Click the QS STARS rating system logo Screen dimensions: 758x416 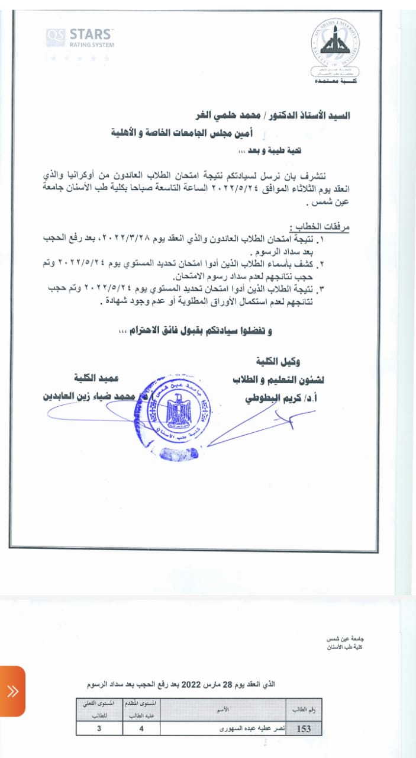coord(80,38)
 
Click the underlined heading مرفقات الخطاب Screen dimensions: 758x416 coord(320,227)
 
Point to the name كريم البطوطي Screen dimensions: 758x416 coord(272,398)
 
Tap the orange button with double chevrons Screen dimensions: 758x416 coord(12,691)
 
